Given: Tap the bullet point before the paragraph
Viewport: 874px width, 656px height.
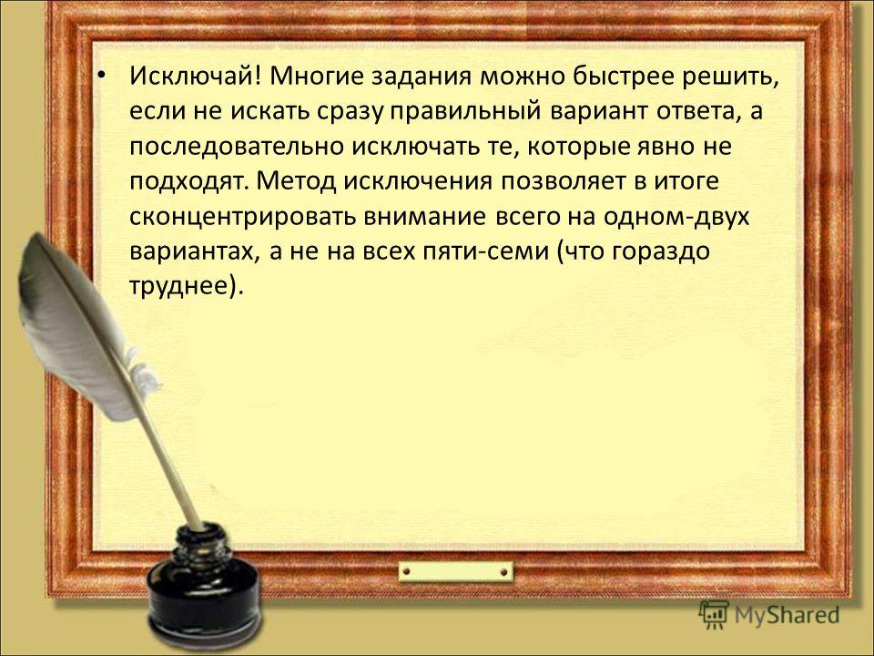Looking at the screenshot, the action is (100, 74).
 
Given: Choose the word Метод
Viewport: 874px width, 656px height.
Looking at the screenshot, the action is (297, 181).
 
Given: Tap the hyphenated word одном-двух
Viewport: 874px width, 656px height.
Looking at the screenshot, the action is (676, 217).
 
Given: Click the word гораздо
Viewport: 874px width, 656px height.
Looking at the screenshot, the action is (661, 252).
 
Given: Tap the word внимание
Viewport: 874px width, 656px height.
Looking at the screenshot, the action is (425, 217).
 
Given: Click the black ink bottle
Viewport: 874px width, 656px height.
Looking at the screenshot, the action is (204, 583).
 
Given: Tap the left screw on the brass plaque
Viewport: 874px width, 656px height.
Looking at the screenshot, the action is (406, 572).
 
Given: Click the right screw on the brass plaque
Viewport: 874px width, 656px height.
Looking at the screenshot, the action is (503, 572).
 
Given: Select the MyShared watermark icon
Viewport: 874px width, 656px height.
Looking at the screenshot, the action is (714, 615).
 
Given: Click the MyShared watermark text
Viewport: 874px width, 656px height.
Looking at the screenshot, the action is (787, 615).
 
